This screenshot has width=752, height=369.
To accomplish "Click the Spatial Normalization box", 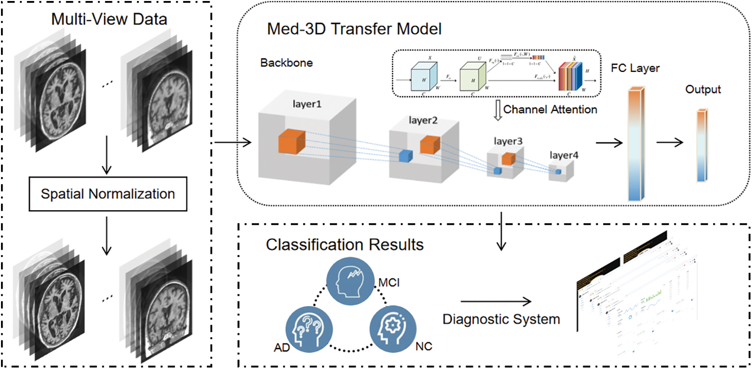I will pos(107,193).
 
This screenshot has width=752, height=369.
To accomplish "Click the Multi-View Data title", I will pos(109,20).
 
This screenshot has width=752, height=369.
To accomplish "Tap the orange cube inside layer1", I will pos(291,140).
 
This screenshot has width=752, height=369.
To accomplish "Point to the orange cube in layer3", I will pos(509,158).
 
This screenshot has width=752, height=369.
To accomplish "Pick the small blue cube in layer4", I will pos(559,172).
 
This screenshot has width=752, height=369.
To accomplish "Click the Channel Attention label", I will pos(550,109).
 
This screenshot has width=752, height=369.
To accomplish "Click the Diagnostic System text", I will pos(501,319).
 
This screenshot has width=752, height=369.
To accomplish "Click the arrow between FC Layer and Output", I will pos(670,142).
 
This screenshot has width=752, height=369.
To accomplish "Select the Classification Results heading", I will pos(345,245).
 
